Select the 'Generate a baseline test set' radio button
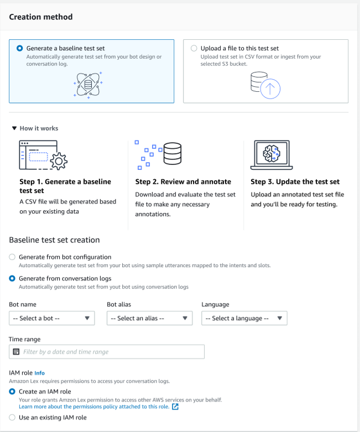click(20, 49)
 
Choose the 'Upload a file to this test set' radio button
click(194, 49)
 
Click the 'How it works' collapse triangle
click(14, 128)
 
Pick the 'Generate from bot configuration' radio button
click(13, 257)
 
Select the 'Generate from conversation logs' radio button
click(13, 279)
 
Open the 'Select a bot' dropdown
click(51, 318)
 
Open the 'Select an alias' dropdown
click(149, 318)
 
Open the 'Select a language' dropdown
click(244, 318)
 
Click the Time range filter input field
click(111, 352)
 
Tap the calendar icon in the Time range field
click(16, 352)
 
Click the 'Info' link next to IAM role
click(39, 373)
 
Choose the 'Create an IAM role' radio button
click(13, 392)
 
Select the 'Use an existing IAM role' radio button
click(13, 418)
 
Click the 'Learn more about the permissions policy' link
click(93, 407)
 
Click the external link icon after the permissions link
click(175, 407)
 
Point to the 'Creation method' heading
click(41, 17)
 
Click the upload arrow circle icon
click(270, 89)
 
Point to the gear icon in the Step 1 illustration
click(58, 162)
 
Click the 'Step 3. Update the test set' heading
click(295, 181)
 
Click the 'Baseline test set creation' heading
click(54, 240)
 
